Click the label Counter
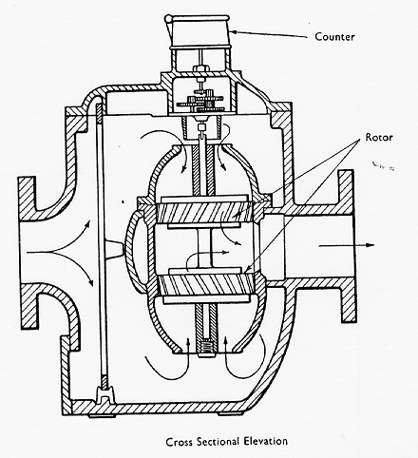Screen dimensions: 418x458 (x=334, y=37)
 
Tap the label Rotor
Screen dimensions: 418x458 (x=379, y=138)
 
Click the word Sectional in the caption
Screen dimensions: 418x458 (x=218, y=441)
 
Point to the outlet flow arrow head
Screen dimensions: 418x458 (x=370, y=245)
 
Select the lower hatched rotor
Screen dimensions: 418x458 (x=206, y=285)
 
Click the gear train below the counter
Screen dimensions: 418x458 (x=200, y=102)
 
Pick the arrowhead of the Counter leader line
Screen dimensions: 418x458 (x=234, y=31)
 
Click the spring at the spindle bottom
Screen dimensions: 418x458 (x=206, y=346)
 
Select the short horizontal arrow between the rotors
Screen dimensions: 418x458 (x=208, y=254)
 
